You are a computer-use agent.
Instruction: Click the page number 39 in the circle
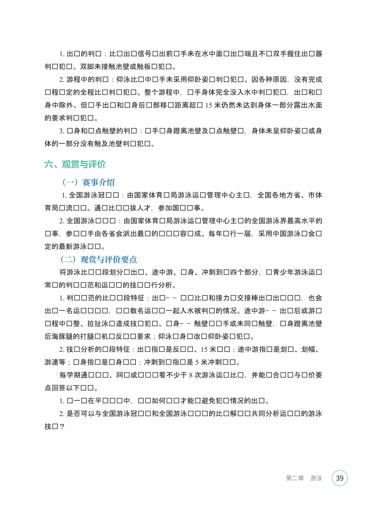click(x=339, y=478)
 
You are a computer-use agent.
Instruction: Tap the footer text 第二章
click(x=295, y=478)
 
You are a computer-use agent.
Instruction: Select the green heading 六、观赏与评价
click(x=75, y=164)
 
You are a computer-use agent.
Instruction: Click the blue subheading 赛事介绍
click(x=98, y=182)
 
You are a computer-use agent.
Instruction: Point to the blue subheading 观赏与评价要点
click(x=108, y=259)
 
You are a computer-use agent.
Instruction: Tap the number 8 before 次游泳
click(x=191, y=375)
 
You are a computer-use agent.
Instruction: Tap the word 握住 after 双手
click(x=294, y=54)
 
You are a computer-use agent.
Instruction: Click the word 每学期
click(x=70, y=375)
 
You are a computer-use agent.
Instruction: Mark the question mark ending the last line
click(x=62, y=426)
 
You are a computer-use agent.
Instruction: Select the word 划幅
click(x=308, y=349)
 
